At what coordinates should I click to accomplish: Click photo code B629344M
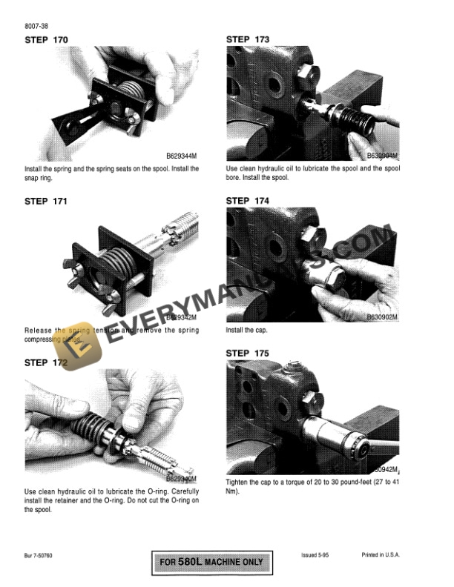click(182, 157)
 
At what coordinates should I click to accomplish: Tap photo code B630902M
click(382, 317)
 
